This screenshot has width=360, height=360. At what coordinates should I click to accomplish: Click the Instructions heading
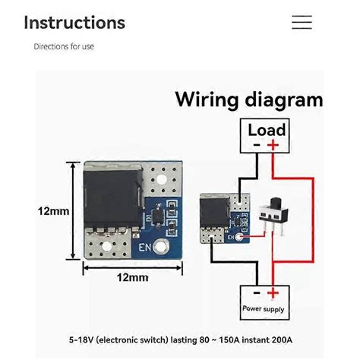(74, 22)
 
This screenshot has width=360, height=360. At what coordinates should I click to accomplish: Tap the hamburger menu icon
(302, 22)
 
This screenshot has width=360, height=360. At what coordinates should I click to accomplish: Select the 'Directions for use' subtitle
(64, 46)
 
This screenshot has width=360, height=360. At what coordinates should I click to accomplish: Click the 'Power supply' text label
(264, 308)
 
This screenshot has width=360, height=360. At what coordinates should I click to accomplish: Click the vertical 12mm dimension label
(53, 210)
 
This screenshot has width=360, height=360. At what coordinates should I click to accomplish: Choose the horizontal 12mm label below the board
(131, 277)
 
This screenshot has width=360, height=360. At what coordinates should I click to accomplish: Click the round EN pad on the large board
(161, 247)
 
